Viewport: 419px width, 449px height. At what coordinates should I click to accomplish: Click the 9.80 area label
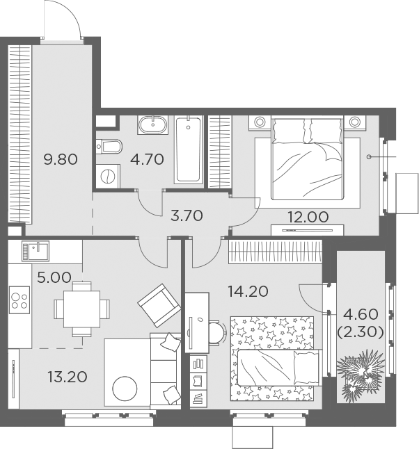coord(60,159)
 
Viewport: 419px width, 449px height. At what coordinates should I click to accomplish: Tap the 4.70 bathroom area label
coord(147,159)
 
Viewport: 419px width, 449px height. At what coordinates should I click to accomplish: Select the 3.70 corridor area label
coord(186,215)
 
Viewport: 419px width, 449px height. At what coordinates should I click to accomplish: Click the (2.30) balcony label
coord(360,332)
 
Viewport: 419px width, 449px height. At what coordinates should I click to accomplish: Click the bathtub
coord(189,150)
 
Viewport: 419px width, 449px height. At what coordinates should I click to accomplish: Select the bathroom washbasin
coord(152,126)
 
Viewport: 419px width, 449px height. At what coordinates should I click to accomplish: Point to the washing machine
coord(107,174)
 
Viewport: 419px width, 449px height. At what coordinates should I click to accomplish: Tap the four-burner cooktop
coord(19,302)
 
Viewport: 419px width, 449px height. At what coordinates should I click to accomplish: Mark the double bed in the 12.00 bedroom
coord(307,153)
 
